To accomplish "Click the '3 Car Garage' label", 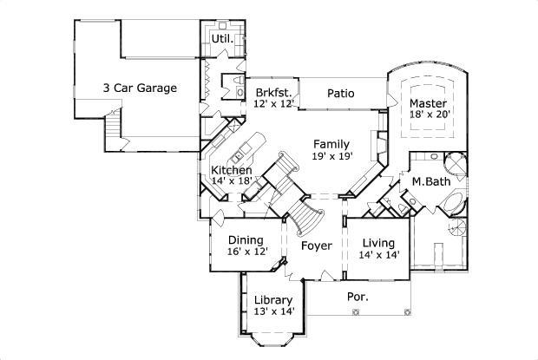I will coord(140,88).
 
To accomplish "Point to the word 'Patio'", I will coord(341,92).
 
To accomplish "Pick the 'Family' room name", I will coord(331,144).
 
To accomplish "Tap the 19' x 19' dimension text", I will coord(331,157).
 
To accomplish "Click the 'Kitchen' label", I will coord(232,170).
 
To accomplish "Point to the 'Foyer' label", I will coord(317,245).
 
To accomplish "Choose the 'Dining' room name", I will coord(246,239).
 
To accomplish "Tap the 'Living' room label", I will coord(378,242).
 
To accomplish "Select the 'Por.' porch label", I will coord(358,296).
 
